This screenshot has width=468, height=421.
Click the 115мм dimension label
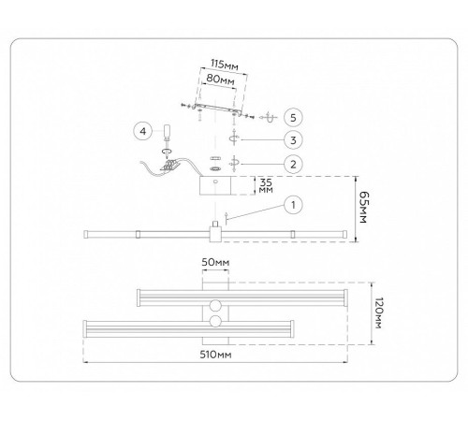225,65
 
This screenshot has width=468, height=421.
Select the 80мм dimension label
220,80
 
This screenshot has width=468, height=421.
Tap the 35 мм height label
266,185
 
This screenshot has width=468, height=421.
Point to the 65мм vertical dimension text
363,207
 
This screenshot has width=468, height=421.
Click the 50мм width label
215,262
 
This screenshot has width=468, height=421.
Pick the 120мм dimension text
378,313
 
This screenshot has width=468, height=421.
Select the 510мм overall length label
215,355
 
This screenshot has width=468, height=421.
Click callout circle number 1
293,205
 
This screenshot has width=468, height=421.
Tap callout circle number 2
293,164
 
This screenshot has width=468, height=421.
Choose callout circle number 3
293,139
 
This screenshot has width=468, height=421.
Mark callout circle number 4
142,131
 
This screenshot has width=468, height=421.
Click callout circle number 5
293,118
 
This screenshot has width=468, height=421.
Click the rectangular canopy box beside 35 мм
215,185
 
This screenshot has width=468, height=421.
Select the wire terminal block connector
169,166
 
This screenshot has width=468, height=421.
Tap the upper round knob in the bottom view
215,306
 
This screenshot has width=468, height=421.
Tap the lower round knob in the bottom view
215,321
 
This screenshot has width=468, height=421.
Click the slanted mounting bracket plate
217,109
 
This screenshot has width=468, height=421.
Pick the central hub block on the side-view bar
215,234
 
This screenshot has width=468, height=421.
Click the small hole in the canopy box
215,181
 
